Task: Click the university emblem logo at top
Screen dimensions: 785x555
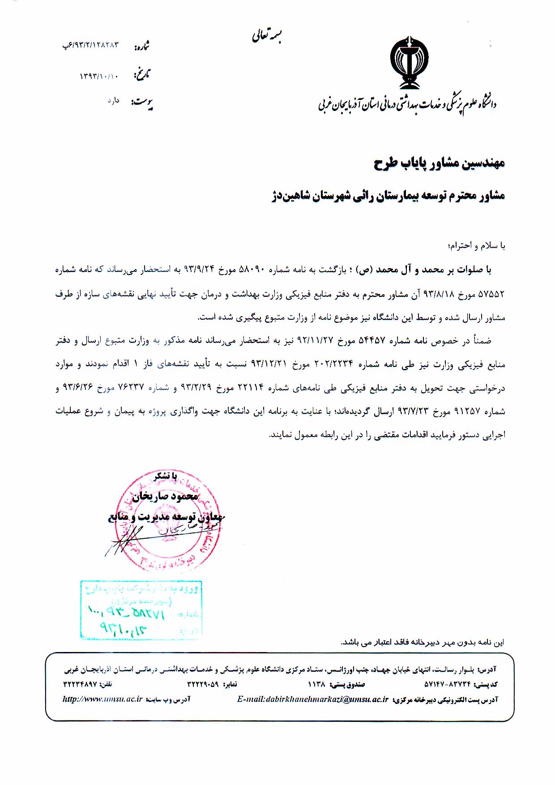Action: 409,63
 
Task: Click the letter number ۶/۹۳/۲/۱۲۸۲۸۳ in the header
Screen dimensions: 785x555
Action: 91,45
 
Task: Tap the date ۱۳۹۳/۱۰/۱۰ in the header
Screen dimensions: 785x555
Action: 99,76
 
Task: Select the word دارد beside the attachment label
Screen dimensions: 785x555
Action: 113,101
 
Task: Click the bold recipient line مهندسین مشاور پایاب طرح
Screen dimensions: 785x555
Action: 439,163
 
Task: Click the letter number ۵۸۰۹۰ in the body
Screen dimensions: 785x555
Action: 253,270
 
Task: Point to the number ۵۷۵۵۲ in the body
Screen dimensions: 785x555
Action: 491,294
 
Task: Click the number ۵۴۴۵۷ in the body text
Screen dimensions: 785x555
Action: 372,341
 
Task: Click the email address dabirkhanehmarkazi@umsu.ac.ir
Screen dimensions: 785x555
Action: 312,699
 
